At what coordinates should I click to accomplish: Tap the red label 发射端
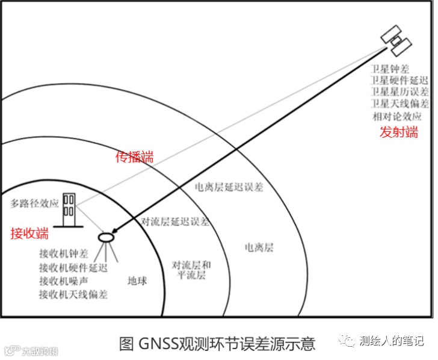(398, 132)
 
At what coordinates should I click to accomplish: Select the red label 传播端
(134, 157)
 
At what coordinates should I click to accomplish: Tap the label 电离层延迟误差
(229, 187)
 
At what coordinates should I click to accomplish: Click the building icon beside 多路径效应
(70, 206)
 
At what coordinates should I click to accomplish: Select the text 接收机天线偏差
(73, 294)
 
